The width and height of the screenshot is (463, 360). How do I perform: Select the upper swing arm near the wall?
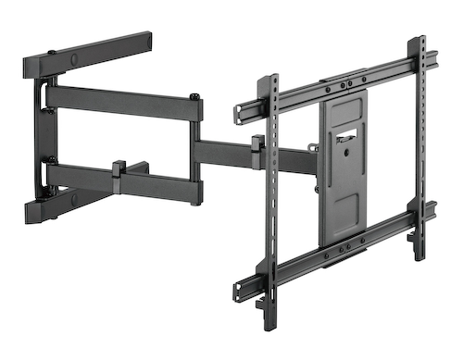pyautogui.click(x=125, y=104)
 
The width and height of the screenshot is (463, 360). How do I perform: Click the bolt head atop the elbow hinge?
pyautogui.click(x=194, y=96)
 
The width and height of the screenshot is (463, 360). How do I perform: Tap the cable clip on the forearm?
pyautogui.click(x=256, y=145)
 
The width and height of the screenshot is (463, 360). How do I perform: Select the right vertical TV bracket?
pyautogui.click(x=421, y=139)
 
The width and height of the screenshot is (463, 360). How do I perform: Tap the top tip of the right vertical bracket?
pyautogui.click(x=421, y=42)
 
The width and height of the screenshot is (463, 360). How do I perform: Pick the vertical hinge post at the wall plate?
pyautogui.click(x=41, y=139)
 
